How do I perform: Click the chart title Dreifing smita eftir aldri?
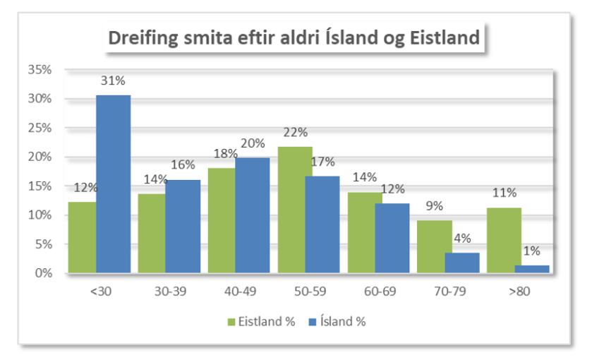pyautogui.click(x=293, y=37)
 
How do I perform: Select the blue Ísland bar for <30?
pyautogui.click(x=113, y=184)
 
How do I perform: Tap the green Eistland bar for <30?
pyautogui.click(x=82, y=237)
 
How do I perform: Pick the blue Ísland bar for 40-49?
pyautogui.click(x=253, y=215)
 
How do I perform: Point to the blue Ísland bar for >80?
pyautogui.click(x=532, y=269)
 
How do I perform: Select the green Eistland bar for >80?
pyautogui.click(x=505, y=240)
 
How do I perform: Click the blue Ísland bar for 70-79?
pyautogui.click(x=462, y=263)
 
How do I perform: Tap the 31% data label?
pyautogui.click(x=114, y=82)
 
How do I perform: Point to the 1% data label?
pyautogui.click(x=531, y=252)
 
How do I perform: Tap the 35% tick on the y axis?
pyautogui.click(x=40, y=70)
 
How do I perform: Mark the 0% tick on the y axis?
pyautogui.click(x=43, y=273)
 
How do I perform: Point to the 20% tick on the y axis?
pyautogui.click(x=40, y=157)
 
